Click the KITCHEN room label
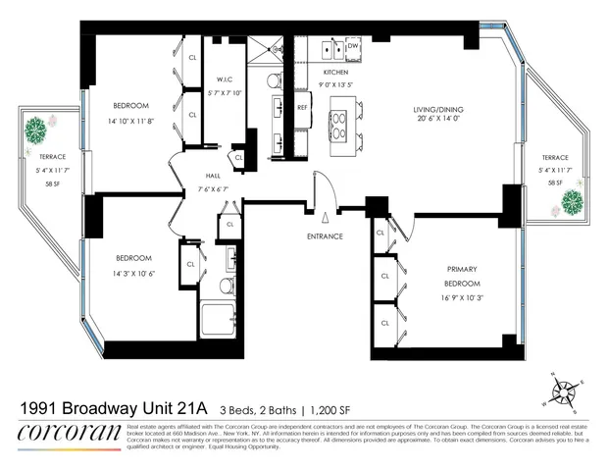[x=335, y=72]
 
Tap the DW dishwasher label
[x=352, y=45]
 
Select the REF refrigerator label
[x=302, y=106]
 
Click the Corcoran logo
[x=70, y=432]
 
